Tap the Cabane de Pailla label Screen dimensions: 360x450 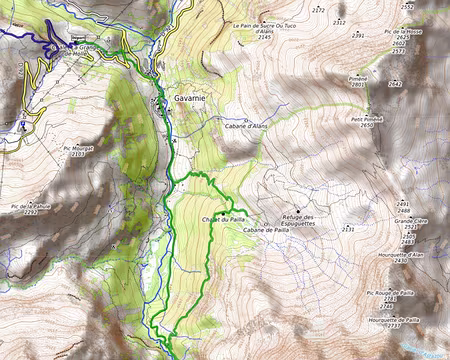tap(266, 230)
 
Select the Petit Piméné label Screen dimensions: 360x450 tap(366, 120)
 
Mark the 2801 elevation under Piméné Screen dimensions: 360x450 tap(357, 84)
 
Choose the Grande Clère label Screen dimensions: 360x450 tap(412, 220)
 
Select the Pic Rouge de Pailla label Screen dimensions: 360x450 tap(392, 292)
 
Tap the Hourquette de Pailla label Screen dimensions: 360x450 tap(392, 319)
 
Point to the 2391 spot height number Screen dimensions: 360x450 tap(358, 35)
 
